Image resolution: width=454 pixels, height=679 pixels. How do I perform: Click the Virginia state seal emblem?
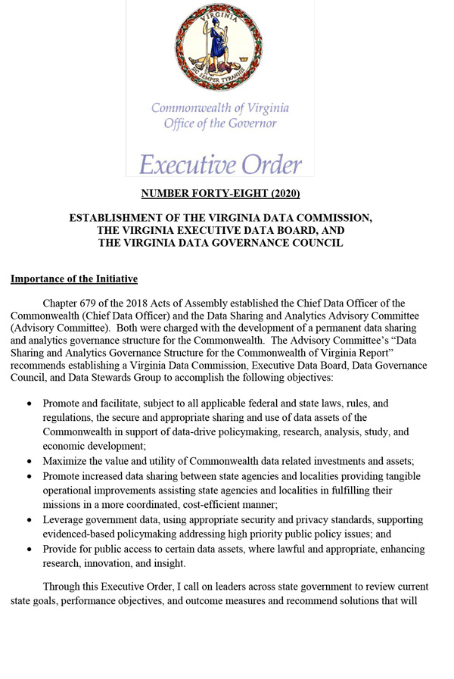[x=219, y=48]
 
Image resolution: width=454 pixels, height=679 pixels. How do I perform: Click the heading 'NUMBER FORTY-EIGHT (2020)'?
[x=220, y=194]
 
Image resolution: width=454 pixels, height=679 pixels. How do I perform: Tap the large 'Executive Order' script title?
[x=220, y=163]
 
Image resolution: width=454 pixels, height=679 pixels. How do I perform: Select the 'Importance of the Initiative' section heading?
[x=74, y=279]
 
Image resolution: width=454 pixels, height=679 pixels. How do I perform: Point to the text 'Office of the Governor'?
[x=220, y=123]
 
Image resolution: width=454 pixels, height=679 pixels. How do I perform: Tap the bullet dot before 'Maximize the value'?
[x=29, y=462]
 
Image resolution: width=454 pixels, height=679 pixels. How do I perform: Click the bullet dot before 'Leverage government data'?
[x=29, y=520]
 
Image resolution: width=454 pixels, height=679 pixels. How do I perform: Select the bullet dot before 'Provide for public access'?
[x=29, y=549]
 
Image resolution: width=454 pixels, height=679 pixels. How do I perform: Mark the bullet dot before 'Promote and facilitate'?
[x=29, y=404]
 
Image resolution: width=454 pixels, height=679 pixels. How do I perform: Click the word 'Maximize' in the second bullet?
[x=66, y=462]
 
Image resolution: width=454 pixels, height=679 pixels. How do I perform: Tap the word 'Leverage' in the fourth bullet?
[x=65, y=520]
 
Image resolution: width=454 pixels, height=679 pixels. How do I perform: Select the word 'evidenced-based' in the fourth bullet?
[x=80, y=534]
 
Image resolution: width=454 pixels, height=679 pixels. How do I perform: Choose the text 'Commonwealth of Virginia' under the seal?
[x=220, y=107]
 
